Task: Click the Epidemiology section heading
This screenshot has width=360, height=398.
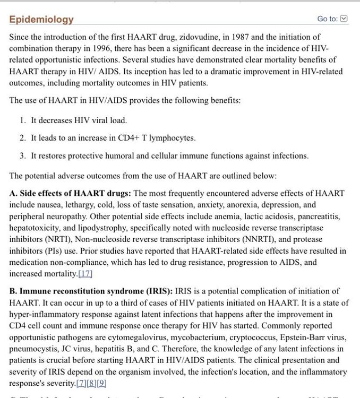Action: click(x=41, y=20)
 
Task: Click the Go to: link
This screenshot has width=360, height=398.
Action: click(x=327, y=19)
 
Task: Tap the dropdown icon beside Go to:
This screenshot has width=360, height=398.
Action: click(x=344, y=19)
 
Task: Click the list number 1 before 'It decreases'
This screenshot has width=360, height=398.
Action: click(x=23, y=120)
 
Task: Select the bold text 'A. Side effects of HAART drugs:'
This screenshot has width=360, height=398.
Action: click(x=71, y=193)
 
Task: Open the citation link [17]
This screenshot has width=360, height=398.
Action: click(x=85, y=274)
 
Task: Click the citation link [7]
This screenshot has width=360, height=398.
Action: click(x=82, y=383)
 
